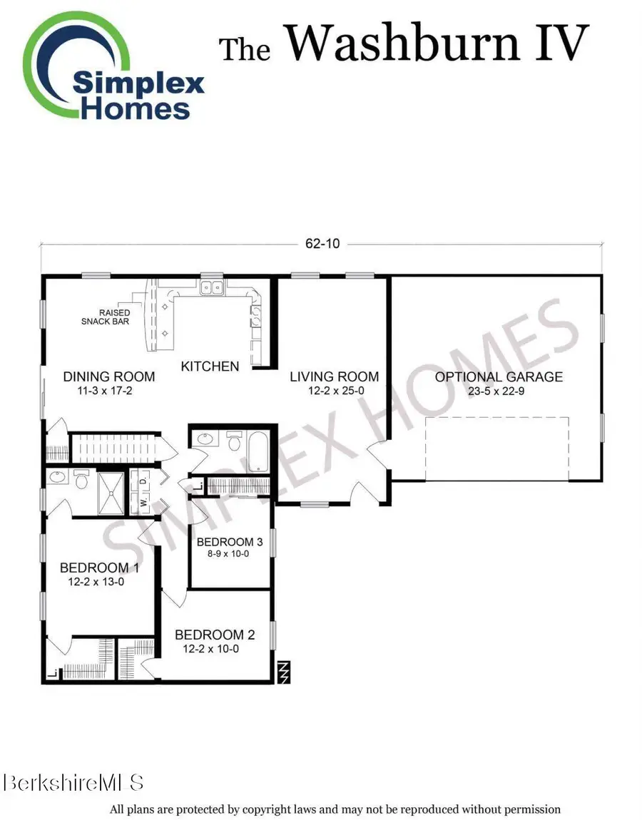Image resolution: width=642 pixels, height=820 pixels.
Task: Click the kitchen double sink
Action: (x=212, y=288)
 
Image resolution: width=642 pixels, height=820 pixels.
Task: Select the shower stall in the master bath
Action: (x=111, y=491)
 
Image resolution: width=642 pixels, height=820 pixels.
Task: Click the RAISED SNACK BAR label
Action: (x=105, y=317)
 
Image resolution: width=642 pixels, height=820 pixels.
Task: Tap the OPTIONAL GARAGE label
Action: (x=499, y=377)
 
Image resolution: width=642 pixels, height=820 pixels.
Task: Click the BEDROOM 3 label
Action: (x=225, y=541)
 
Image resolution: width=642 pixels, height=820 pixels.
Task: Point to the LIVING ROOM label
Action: (x=334, y=376)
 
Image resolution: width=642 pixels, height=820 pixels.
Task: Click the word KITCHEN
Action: (x=210, y=367)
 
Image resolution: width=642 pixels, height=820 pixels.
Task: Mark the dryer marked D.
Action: (x=143, y=481)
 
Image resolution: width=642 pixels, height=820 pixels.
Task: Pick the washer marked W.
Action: (x=143, y=502)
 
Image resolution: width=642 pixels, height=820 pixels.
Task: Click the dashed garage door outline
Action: (x=497, y=449)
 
